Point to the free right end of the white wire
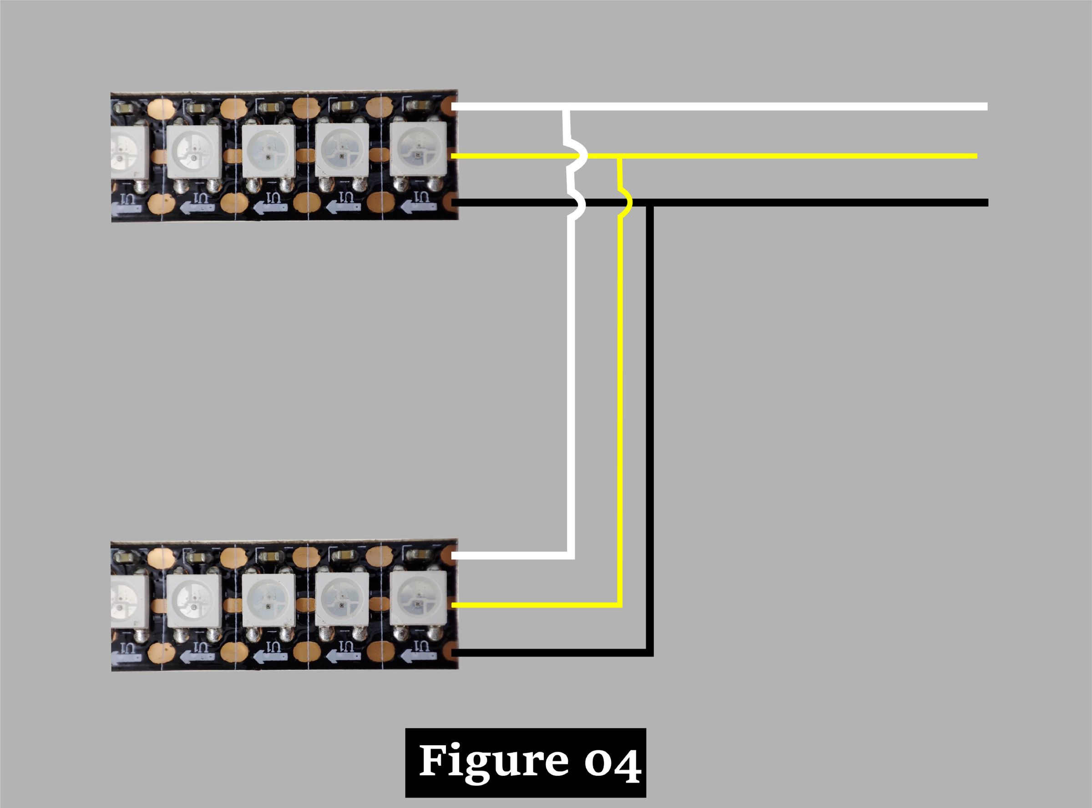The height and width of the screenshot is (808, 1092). tap(986, 106)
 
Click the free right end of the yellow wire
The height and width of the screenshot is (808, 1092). tap(976, 156)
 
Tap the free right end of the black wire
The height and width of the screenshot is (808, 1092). tap(987, 202)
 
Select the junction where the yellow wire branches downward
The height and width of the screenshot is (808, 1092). tap(620, 157)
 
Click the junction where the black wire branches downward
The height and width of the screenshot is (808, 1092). tap(649, 203)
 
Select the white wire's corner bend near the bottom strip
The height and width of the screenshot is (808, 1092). tap(571, 556)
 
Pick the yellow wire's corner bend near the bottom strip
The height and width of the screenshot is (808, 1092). tap(620, 605)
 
